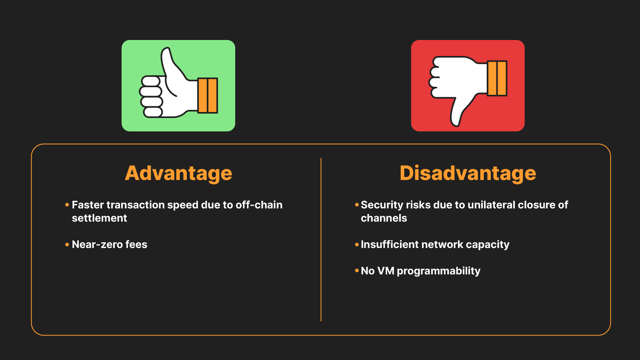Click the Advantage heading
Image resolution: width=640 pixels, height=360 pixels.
click(178, 173)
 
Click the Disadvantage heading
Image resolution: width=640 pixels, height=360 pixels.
click(468, 173)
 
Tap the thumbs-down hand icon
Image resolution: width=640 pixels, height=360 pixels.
click(460, 84)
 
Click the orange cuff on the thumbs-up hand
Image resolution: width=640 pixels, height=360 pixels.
click(208, 95)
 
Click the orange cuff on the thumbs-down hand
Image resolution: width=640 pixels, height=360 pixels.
click(497, 78)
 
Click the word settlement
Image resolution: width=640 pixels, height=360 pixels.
click(99, 218)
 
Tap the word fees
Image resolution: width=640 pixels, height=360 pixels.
click(136, 244)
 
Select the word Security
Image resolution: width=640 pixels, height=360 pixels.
click(382, 205)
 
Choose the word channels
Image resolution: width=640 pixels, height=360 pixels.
click(384, 218)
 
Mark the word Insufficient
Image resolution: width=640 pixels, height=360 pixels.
click(390, 244)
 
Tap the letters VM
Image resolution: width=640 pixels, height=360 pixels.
click(386, 271)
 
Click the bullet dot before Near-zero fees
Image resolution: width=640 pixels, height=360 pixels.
click(67, 244)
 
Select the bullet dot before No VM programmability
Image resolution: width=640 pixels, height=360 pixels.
click(356, 271)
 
